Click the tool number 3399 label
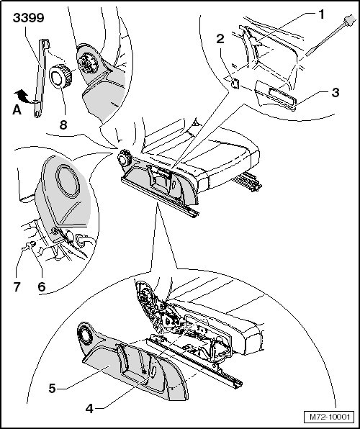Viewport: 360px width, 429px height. coord(29,18)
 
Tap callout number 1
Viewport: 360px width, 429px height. coord(321,14)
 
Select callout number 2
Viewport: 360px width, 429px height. coord(220,39)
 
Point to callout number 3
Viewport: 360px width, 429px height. coord(336,92)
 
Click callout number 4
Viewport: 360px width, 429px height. coord(89,409)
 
